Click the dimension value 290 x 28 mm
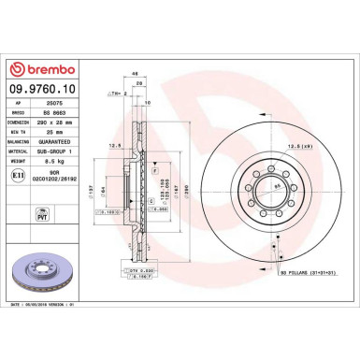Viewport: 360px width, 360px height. coord(61,132)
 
